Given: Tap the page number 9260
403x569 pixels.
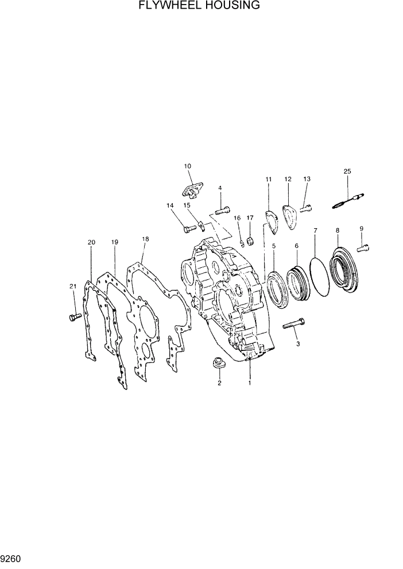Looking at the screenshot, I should point(12,558).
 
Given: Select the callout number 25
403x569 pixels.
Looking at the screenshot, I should point(347,171).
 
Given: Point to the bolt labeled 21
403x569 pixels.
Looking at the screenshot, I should point(73,317).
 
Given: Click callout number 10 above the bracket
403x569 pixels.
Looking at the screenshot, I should point(187,166).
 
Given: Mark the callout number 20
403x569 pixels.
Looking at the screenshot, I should point(91,242).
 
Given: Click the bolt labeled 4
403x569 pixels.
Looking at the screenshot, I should point(223,209).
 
